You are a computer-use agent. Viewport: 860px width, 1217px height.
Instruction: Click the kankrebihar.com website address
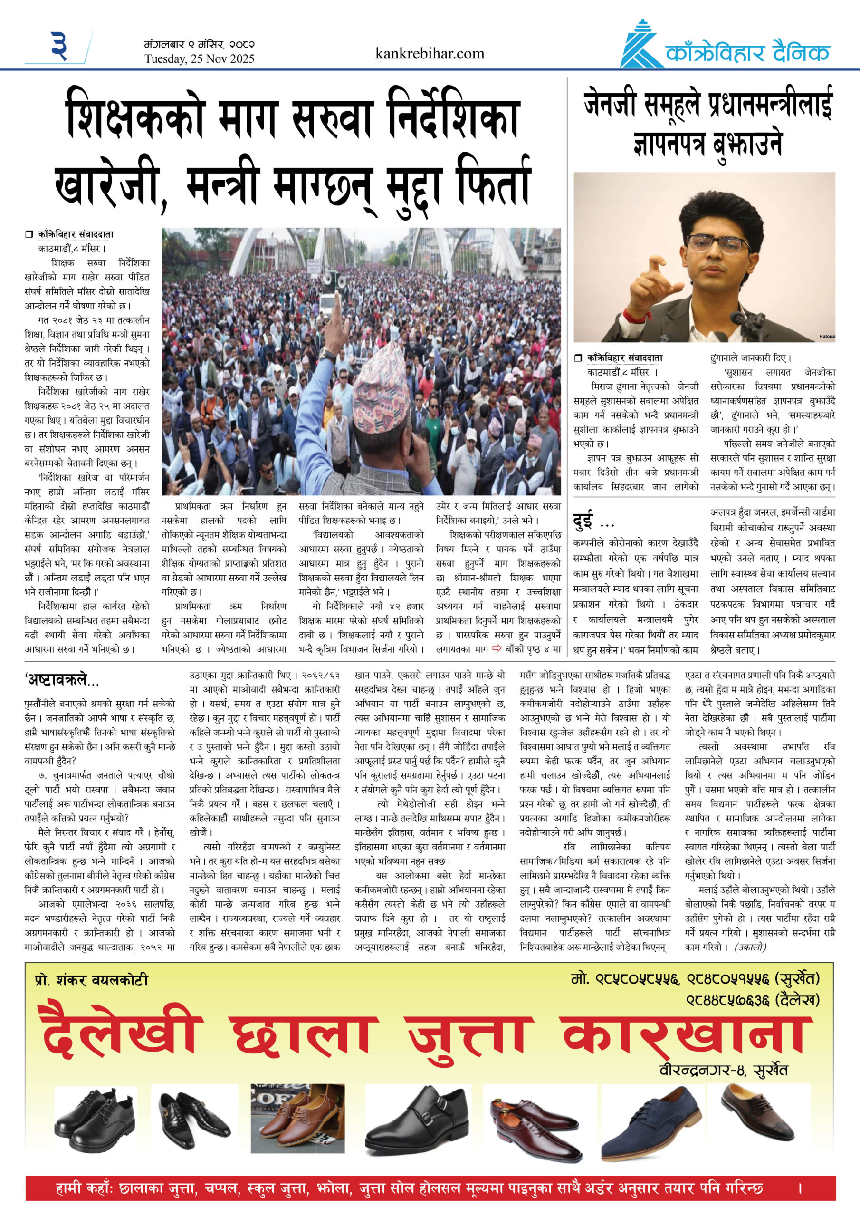click(429, 54)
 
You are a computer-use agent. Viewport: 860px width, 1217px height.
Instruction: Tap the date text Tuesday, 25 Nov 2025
click(199, 59)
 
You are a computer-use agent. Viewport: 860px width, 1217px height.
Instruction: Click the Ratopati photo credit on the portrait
click(826, 337)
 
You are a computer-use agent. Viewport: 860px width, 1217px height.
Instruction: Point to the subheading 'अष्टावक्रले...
click(61, 679)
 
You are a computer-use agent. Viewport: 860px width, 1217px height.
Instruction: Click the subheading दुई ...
click(585, 521)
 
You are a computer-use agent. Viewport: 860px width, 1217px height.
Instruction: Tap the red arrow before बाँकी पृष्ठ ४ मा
click(497, 648)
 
